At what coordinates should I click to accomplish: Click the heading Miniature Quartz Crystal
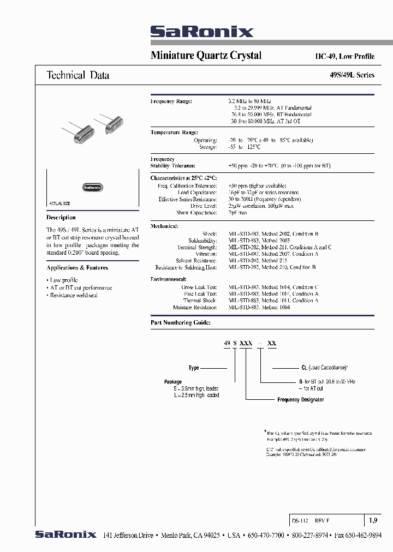pyautogui.click(x=206, y=55)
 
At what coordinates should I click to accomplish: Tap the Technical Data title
pyautogui.click(x=78, y=75)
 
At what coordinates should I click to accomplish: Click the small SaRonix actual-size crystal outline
pyautogui.click(x=93, y=187)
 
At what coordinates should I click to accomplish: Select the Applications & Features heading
pyautogui.click(x=77, y=268)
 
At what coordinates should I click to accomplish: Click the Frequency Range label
pyautogui.click(x=171, y=101)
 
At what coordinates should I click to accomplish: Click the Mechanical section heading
pyautogui.click(x=164, y=226)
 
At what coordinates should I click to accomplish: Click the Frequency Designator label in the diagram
pyautogui.click(x=300, y=400)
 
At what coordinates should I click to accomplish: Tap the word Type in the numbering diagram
pyautogui.click(x=194, y=368)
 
